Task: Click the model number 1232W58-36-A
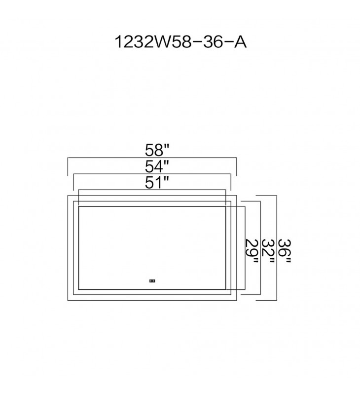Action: (180, 42)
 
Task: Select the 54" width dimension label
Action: (157, 166)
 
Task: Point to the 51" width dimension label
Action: (156, 182)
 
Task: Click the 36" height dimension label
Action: (285, 251)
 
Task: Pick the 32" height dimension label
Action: (268, 251)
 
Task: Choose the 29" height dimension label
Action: (252, 251)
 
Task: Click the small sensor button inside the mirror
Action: (152, 281)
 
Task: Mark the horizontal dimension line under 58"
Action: (152, 158)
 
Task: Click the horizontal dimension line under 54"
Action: (152, 174)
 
